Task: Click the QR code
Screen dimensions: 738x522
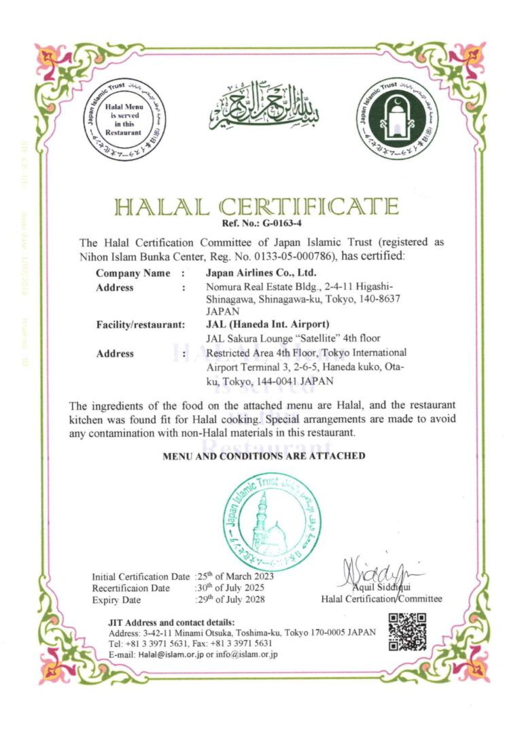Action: click(x=408, y=632)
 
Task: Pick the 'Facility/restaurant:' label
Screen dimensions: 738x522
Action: click(x=141, y=325)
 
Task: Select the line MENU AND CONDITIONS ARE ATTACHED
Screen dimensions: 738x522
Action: click(x=264, y=456)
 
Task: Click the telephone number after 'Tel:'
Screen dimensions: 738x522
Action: click(x=157, y=643)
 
